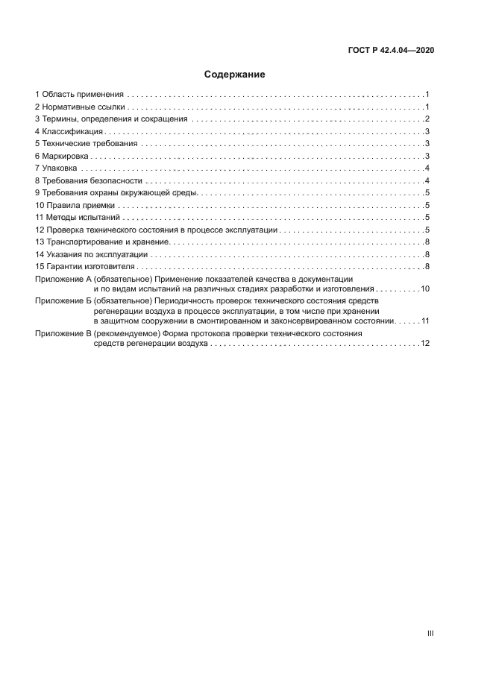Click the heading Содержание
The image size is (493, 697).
coord(235,75)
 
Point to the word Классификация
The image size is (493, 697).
coord(67,131)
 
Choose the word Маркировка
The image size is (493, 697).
coord(66,156)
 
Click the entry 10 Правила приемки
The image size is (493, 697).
coord(75,205)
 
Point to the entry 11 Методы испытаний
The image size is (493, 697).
coord(78,217)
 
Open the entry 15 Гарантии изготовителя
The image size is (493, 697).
coord(85,266)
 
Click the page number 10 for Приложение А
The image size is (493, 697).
coord(425,288)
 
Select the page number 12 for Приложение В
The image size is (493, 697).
coord(425,344)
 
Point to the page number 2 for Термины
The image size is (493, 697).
coord(427,119)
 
